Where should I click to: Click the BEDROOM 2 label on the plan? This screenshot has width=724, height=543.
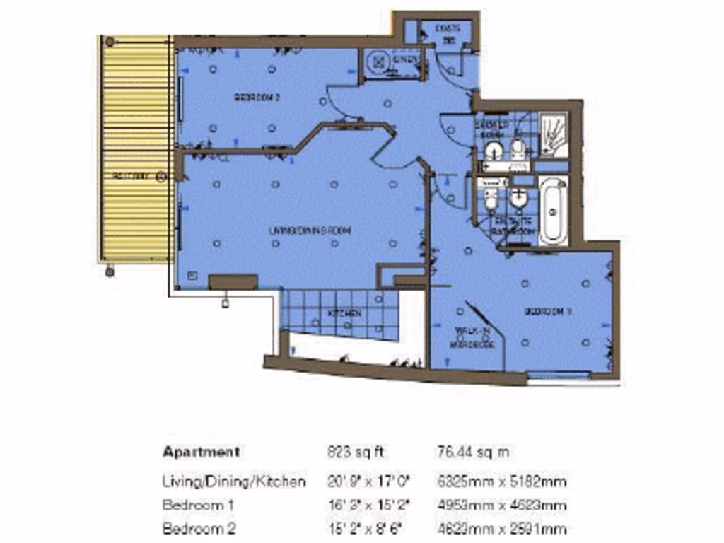pos(257,98)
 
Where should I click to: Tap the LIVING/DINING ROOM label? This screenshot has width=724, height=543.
pos(310,230)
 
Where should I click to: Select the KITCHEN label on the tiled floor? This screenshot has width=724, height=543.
pos(344,313)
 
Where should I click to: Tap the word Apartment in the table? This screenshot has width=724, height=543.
pos(201,452)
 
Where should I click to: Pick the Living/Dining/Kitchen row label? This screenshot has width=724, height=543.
pos(234,482)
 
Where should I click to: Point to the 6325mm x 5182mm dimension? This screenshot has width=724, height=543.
pos(501,482)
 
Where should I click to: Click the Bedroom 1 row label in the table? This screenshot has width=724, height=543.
pos(199,506)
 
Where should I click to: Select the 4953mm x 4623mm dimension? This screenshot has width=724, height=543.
pos(501,506)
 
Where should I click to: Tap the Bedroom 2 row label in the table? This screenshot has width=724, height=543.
pos(199,528)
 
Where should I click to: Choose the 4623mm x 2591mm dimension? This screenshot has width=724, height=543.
pos(501,528)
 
